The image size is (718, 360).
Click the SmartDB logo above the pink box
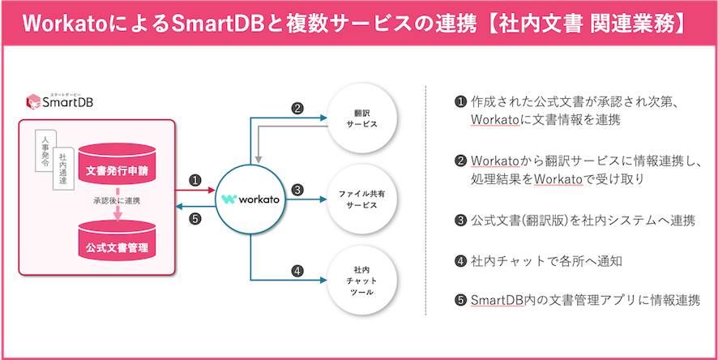[61, 101]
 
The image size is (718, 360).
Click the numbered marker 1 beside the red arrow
[194, 179]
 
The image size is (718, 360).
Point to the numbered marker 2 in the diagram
[297, 107]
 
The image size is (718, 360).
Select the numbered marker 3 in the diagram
[297, 190]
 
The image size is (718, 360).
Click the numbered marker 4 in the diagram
[297, 271]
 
